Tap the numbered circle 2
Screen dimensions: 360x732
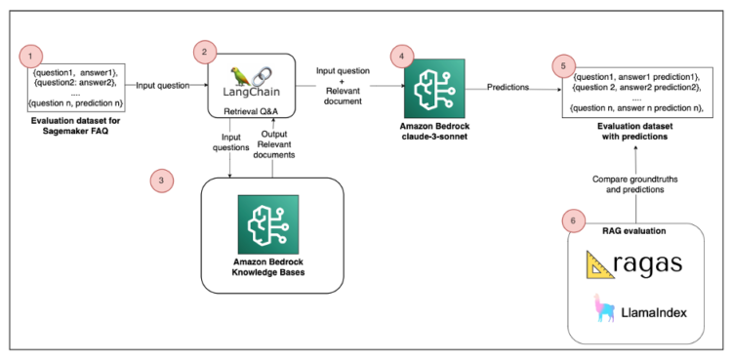click(204, 50)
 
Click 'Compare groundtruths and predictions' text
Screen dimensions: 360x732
click(633, 183)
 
